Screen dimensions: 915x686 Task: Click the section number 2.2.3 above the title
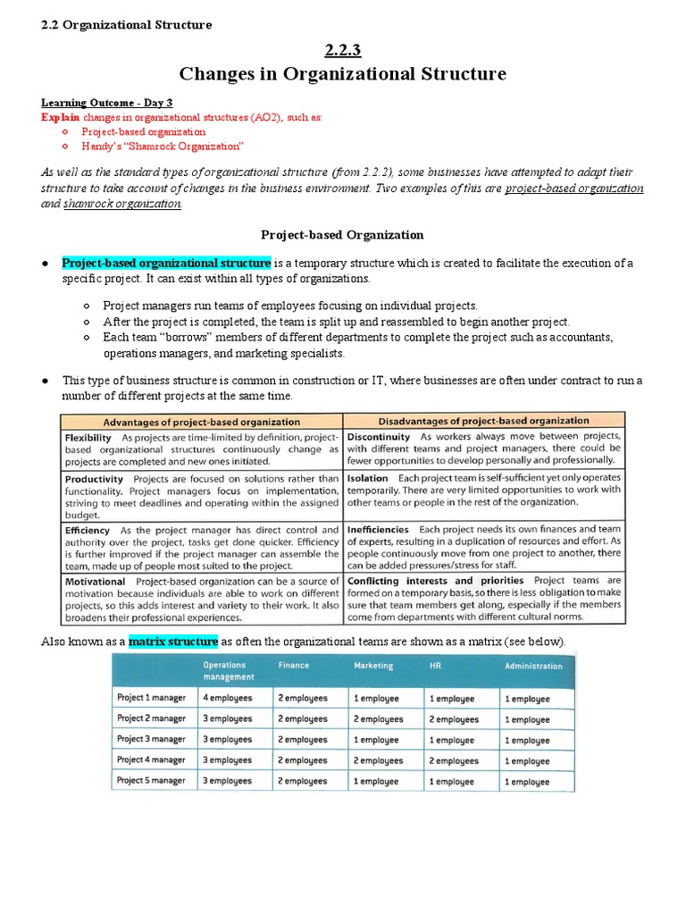click(344, 50)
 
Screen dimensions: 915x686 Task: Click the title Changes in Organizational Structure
click(343, 73)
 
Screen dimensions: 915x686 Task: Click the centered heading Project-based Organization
click(342, 235)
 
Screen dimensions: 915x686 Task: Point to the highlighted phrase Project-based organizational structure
click(166, 264)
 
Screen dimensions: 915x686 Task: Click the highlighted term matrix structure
click(173, 642)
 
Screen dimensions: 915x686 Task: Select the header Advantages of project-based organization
click(202, 422)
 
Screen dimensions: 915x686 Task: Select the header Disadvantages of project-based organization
click(485, 421)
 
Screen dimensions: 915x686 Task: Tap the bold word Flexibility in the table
click(88, 438)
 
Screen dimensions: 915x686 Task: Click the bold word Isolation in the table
click(367, 478)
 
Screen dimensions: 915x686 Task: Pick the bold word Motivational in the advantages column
click(96, 581)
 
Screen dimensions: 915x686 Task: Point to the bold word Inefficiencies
click(378, 529)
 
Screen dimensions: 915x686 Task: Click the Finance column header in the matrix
click(294, 666)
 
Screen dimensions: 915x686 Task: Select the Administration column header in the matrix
click(533, 666)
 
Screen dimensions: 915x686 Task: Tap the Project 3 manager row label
click(152, 740)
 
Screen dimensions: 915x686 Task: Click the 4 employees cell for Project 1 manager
click(228, 698)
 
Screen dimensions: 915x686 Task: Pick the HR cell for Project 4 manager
click(454, 760)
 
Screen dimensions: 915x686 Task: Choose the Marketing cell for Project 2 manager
click(378, 718)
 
